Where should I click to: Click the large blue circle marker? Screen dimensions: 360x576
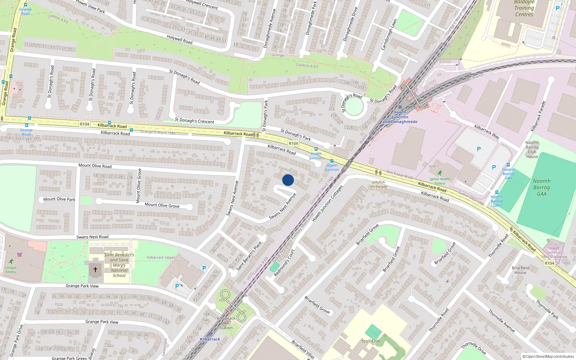288,180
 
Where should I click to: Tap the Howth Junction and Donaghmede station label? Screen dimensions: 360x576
400,117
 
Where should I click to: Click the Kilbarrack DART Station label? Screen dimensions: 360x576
226,323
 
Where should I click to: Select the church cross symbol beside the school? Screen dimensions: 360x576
95,269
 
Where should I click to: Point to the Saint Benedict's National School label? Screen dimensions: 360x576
119,265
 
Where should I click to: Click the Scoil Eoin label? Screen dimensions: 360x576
370,341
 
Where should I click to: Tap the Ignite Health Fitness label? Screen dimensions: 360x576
440,181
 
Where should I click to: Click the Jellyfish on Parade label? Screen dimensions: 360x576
379,184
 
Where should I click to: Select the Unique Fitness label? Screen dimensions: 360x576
11,270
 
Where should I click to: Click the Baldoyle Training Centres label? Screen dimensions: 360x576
524,8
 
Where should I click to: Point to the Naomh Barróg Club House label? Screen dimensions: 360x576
532,149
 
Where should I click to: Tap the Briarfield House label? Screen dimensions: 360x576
520,270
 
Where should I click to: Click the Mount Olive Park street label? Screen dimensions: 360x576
59,199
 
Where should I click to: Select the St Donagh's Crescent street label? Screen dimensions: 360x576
194,121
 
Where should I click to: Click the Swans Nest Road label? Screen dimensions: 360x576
92,237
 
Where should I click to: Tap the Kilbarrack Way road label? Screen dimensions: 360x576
487,132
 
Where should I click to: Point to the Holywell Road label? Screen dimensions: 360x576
180,39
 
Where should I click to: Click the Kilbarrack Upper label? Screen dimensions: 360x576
161,257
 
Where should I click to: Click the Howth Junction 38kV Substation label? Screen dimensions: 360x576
554,252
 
